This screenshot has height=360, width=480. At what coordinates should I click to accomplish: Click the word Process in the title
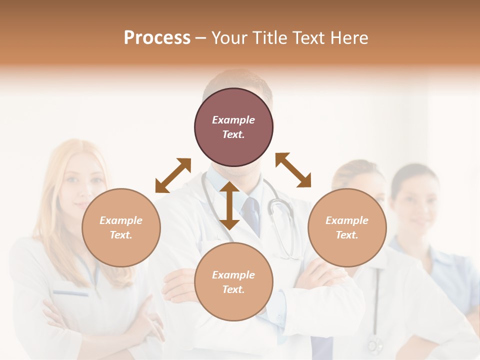pos(157,38)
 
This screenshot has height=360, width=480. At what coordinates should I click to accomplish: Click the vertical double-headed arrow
pos(229,205)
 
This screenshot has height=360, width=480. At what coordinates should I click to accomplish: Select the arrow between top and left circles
pos(173,175)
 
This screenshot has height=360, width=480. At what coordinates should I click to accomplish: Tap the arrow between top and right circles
pos(293,170)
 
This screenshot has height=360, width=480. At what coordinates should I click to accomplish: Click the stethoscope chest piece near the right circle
pos(276,205)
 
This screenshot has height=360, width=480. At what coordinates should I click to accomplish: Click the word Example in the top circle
pos(233,120)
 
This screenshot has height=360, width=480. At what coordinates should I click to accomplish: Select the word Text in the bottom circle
pos(233,289)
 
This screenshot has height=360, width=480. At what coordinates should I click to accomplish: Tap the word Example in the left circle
pos(121,220)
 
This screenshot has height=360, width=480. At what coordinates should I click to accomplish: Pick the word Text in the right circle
pos(347,235)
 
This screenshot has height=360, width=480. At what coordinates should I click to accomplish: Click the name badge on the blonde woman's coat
pos(70,292)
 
